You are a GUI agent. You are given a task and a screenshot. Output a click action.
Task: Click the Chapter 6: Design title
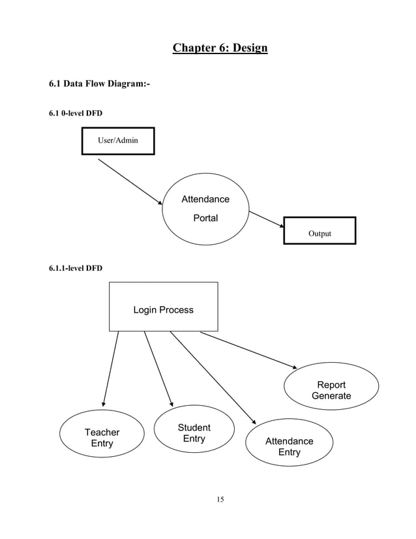click(x=220, y=48)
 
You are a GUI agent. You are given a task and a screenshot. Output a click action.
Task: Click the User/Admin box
click(x=118, y=140)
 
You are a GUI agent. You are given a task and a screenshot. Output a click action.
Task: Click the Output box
click(x=319, y=230)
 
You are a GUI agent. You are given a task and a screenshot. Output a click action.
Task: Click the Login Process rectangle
click(x=163, y=307)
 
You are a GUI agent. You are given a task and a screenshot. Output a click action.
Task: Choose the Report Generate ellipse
click(x=331, y=390)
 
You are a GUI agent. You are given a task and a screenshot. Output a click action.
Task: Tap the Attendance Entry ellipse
click(x=289, y=447)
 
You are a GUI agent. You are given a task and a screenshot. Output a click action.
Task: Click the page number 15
click(x=220, y=500)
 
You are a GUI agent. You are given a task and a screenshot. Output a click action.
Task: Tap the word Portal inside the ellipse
click(x=205, y=218)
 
